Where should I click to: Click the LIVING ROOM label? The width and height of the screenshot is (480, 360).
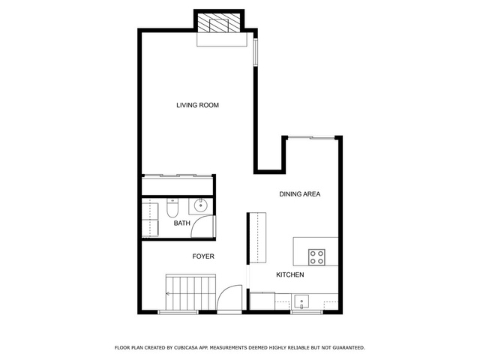pos(197,105)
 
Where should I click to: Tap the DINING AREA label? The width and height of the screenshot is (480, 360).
pos(300,194)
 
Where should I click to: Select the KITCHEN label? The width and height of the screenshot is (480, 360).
pos(290,275)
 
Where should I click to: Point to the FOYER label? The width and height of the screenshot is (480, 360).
pos(203,256)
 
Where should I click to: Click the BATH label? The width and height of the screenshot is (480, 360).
pos(181,223)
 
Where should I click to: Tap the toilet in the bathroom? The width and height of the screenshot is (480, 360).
pos(172,208)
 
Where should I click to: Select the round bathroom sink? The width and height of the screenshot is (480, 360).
pos(200,205)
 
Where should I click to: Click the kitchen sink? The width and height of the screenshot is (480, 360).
pos(301,302)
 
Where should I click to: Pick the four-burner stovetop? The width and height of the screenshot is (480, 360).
pos(316,257)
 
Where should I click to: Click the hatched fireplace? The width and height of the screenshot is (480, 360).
pos(219,23)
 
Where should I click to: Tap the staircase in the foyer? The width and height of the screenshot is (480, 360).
pos(190,292)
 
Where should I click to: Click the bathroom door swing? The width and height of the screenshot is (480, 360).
pos(202,226)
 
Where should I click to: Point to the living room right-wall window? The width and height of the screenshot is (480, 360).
pos(255,52)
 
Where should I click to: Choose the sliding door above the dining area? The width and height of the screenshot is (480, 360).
pos(312,138)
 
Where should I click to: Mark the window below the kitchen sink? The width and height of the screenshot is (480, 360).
pos(307,312)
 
